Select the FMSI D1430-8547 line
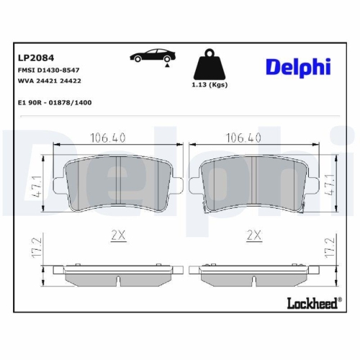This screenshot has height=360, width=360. coord(49,71)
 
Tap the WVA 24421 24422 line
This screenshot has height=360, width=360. coord(49,81)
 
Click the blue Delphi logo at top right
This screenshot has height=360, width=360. coord(297,66)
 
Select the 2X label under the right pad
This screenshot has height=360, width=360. coord(253,235)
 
